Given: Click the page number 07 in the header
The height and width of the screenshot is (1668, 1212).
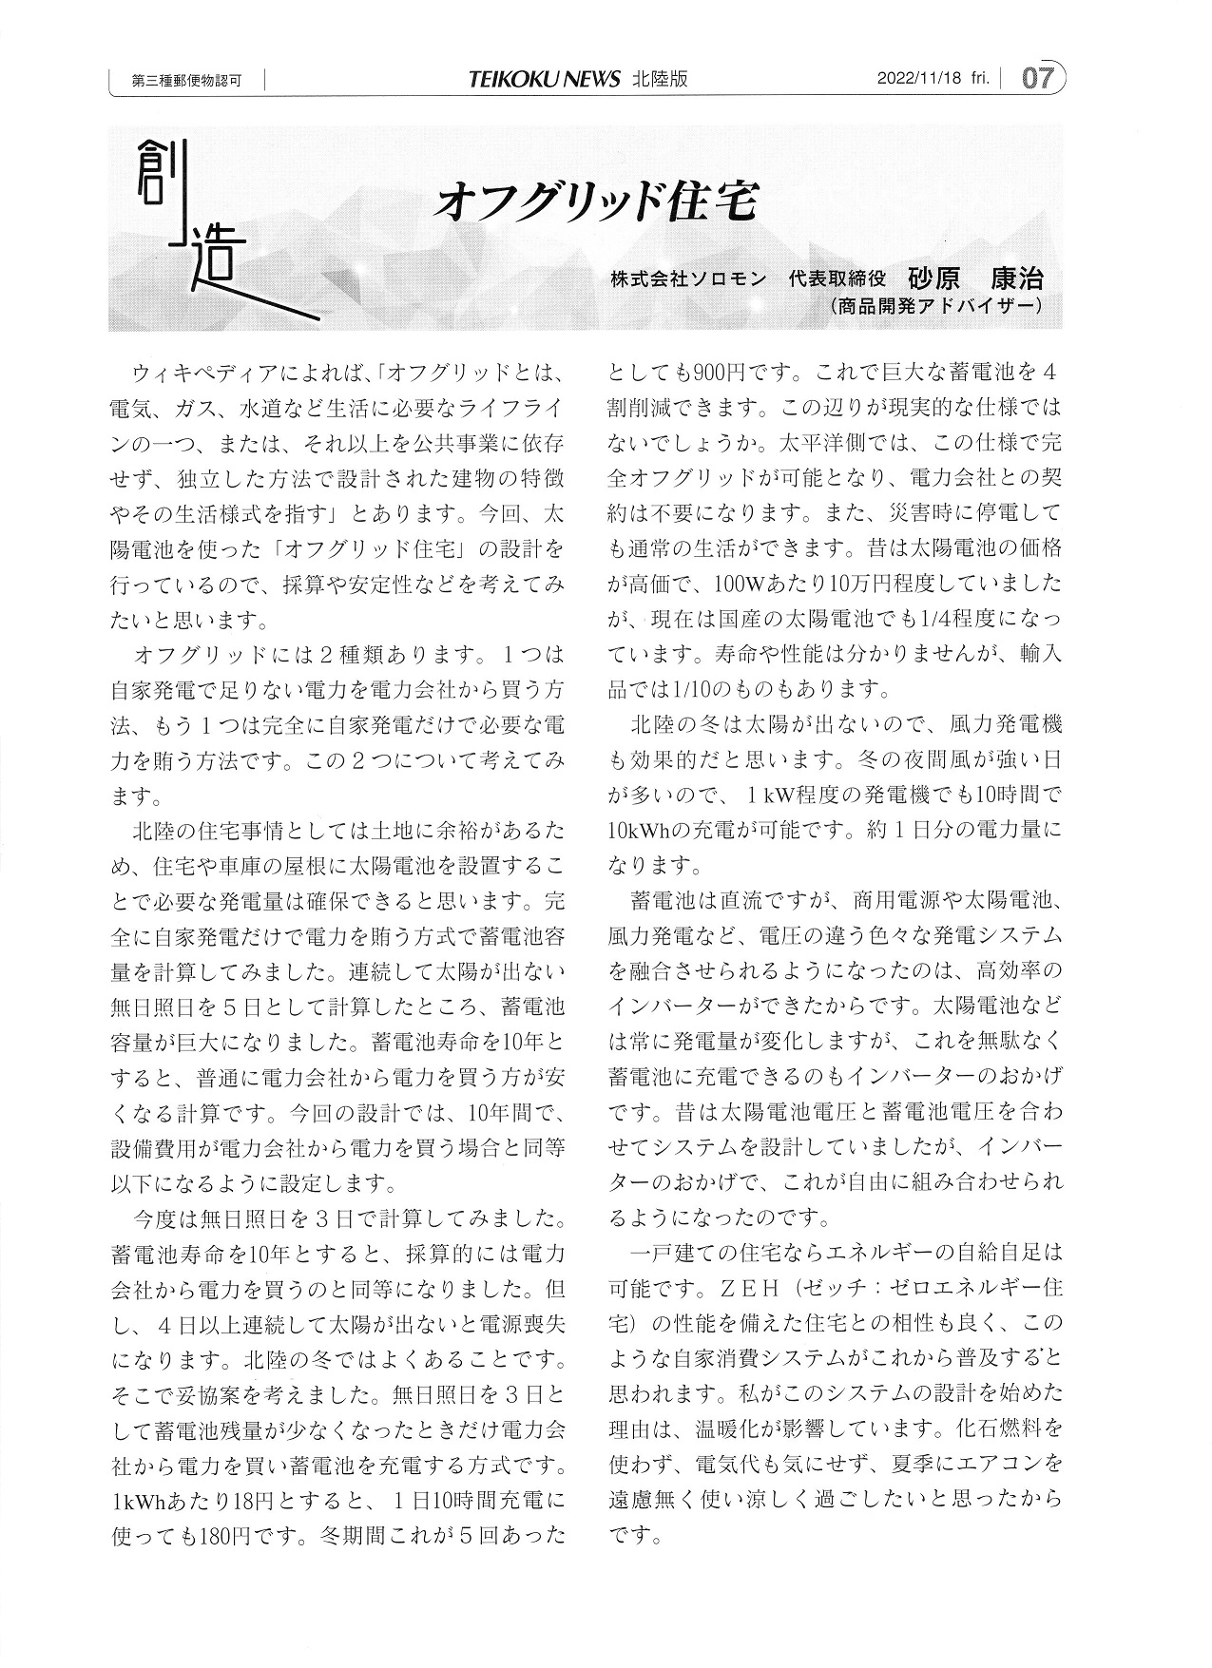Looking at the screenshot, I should [x=1037, y=78].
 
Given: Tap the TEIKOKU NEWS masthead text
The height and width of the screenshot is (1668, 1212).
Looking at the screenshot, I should [x=545, y=79].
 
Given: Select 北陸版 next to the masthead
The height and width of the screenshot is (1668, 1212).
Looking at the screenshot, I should [x=660, y=79].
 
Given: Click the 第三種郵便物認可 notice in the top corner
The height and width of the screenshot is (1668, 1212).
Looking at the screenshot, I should [x=186, y=81].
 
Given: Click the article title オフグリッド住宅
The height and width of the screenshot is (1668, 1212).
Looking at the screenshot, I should [x=596, y=201].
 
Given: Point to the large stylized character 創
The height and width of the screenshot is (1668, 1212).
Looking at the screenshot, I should [x=157, y=173].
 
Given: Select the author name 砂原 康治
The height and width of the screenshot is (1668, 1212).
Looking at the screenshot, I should [x=975, y=278].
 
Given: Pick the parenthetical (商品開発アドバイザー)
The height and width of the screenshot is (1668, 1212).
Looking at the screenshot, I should [x=936, y=306].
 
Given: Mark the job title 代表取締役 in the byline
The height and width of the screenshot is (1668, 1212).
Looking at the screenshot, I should [x=837, y=279].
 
